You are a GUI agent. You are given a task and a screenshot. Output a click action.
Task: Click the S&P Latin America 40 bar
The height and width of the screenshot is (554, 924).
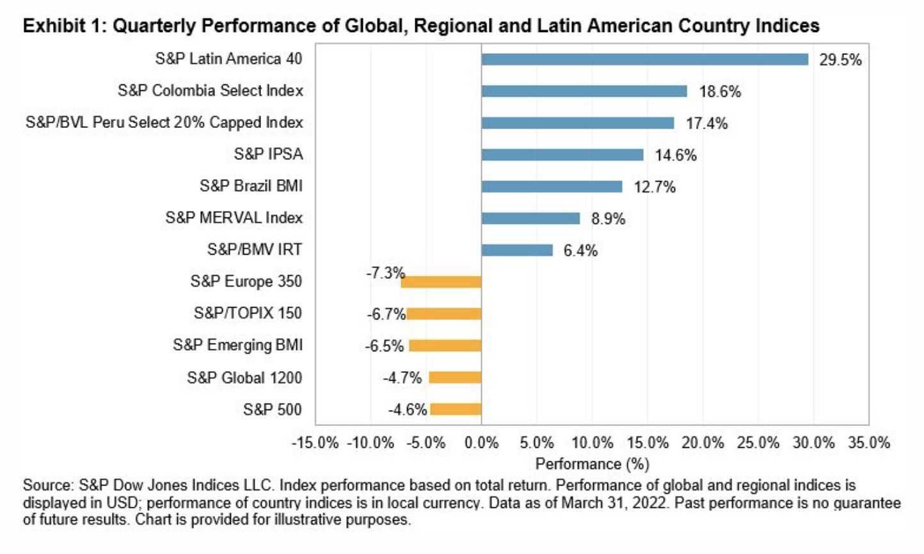click(x=644, y=59)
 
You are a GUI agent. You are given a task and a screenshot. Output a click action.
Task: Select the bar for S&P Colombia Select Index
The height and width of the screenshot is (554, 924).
click(x=584, y=91)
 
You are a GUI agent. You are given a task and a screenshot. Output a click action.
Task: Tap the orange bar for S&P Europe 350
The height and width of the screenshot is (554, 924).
click(x=442, y=282)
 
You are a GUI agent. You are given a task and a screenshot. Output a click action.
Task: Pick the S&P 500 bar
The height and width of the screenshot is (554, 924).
click(x=456, y=409)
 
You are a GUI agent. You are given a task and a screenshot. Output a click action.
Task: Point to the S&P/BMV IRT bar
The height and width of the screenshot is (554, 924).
click(x=517, y=250)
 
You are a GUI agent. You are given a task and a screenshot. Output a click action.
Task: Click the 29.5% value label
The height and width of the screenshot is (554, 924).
click(x=840, y=60)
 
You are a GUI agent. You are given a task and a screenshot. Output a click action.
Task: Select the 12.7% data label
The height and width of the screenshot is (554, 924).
click(x=655, y=187)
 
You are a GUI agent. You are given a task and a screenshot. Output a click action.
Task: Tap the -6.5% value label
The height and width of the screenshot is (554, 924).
click(x=385, y=346)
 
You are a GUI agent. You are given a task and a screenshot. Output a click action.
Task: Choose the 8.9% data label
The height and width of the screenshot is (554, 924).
click(x=608, y=219)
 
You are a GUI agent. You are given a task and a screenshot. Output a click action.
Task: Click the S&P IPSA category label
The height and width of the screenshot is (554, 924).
click(x=268, y=154)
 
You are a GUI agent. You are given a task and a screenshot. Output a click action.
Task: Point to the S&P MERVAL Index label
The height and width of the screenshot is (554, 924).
click(x=234, y=218)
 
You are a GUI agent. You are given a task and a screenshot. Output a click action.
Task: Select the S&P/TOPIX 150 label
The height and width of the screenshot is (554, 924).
click(x=248, y=313)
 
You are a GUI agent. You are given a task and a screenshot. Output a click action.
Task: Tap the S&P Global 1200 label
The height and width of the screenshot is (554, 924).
click(x=244, y=377)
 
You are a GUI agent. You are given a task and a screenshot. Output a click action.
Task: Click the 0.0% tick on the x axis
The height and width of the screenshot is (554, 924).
click(x=481, y=443)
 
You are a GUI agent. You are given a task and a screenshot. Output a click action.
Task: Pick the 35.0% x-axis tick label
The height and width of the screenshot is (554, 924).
click(x=869, y=443)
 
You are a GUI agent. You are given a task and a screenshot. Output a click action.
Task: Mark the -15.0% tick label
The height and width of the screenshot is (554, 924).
click(x=315, y=443)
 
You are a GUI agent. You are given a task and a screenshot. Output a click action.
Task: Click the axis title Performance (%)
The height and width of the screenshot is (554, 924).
click(x=592, y=464)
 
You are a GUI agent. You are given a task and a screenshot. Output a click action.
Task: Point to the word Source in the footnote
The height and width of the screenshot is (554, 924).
click(x=48, y=486)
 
